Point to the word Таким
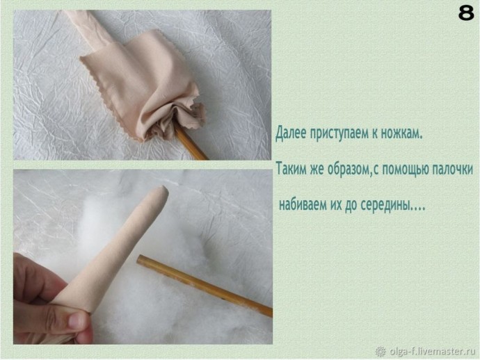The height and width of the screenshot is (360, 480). click(x=291, y=169)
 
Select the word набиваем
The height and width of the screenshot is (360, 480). click(x=303, y=206)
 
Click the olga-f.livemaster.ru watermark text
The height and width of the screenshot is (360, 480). click(x=431, y=351)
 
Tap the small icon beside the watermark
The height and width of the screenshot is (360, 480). click(x=380, y=351)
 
